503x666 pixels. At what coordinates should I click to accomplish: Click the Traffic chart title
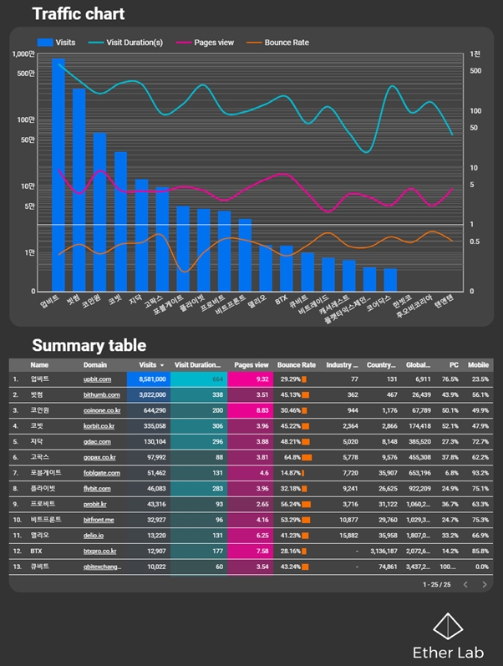coord(79,14)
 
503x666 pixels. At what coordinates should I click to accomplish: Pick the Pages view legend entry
coord(207,42)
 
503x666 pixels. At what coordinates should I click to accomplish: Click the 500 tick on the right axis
coord(475,71)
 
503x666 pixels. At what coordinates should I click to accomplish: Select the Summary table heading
coord(89,345)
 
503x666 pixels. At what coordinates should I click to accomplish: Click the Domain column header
coord(95,365)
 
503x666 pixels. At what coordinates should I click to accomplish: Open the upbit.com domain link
coord(97,379)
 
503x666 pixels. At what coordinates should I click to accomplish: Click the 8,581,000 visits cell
coord(152,379)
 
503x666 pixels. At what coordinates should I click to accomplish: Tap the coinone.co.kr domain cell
coord(102,410)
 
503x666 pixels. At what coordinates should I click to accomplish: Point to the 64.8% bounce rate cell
coord(292,458)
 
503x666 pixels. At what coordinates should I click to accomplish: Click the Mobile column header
coord(478,365)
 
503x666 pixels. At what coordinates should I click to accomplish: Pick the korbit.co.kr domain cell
coord(100,426)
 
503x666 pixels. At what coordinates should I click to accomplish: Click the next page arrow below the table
coord(484,585)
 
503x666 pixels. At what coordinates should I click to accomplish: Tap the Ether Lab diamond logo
coord(450,626)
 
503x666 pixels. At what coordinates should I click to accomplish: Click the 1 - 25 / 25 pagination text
coord(436,585)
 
